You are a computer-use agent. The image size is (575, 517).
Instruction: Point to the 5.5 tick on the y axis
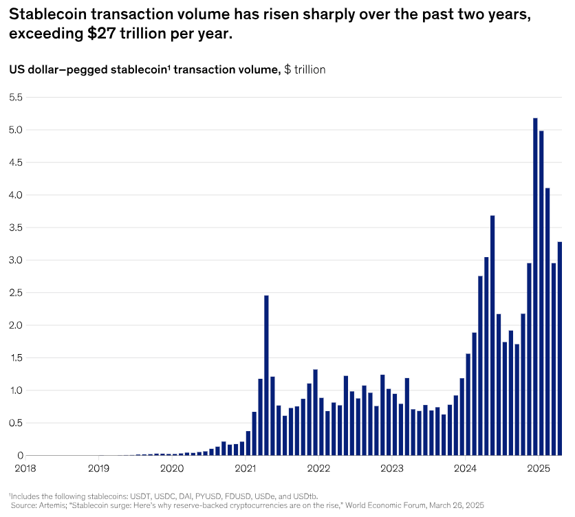15,98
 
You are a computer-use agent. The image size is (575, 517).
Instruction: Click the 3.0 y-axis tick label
15,261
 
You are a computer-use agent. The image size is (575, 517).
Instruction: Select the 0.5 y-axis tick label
15,423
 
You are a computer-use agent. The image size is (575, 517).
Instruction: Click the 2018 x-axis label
25,469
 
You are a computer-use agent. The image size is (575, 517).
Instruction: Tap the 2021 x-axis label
245,469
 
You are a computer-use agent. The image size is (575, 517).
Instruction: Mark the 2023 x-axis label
392,469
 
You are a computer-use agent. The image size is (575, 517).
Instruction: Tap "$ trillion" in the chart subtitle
305,69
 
